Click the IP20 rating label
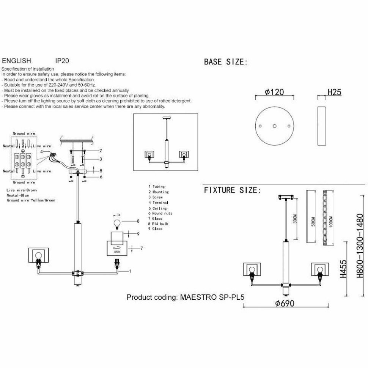point(62,60)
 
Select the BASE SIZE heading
point(225,62)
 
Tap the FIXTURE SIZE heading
point(232,190)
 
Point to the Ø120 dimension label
point(274,92)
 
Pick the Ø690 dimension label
point(285,304)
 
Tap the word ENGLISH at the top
point(17,60)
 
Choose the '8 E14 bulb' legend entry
point(159,224)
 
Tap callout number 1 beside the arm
point(130,271)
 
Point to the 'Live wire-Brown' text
point(22,189)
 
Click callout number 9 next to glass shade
point(138,234)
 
